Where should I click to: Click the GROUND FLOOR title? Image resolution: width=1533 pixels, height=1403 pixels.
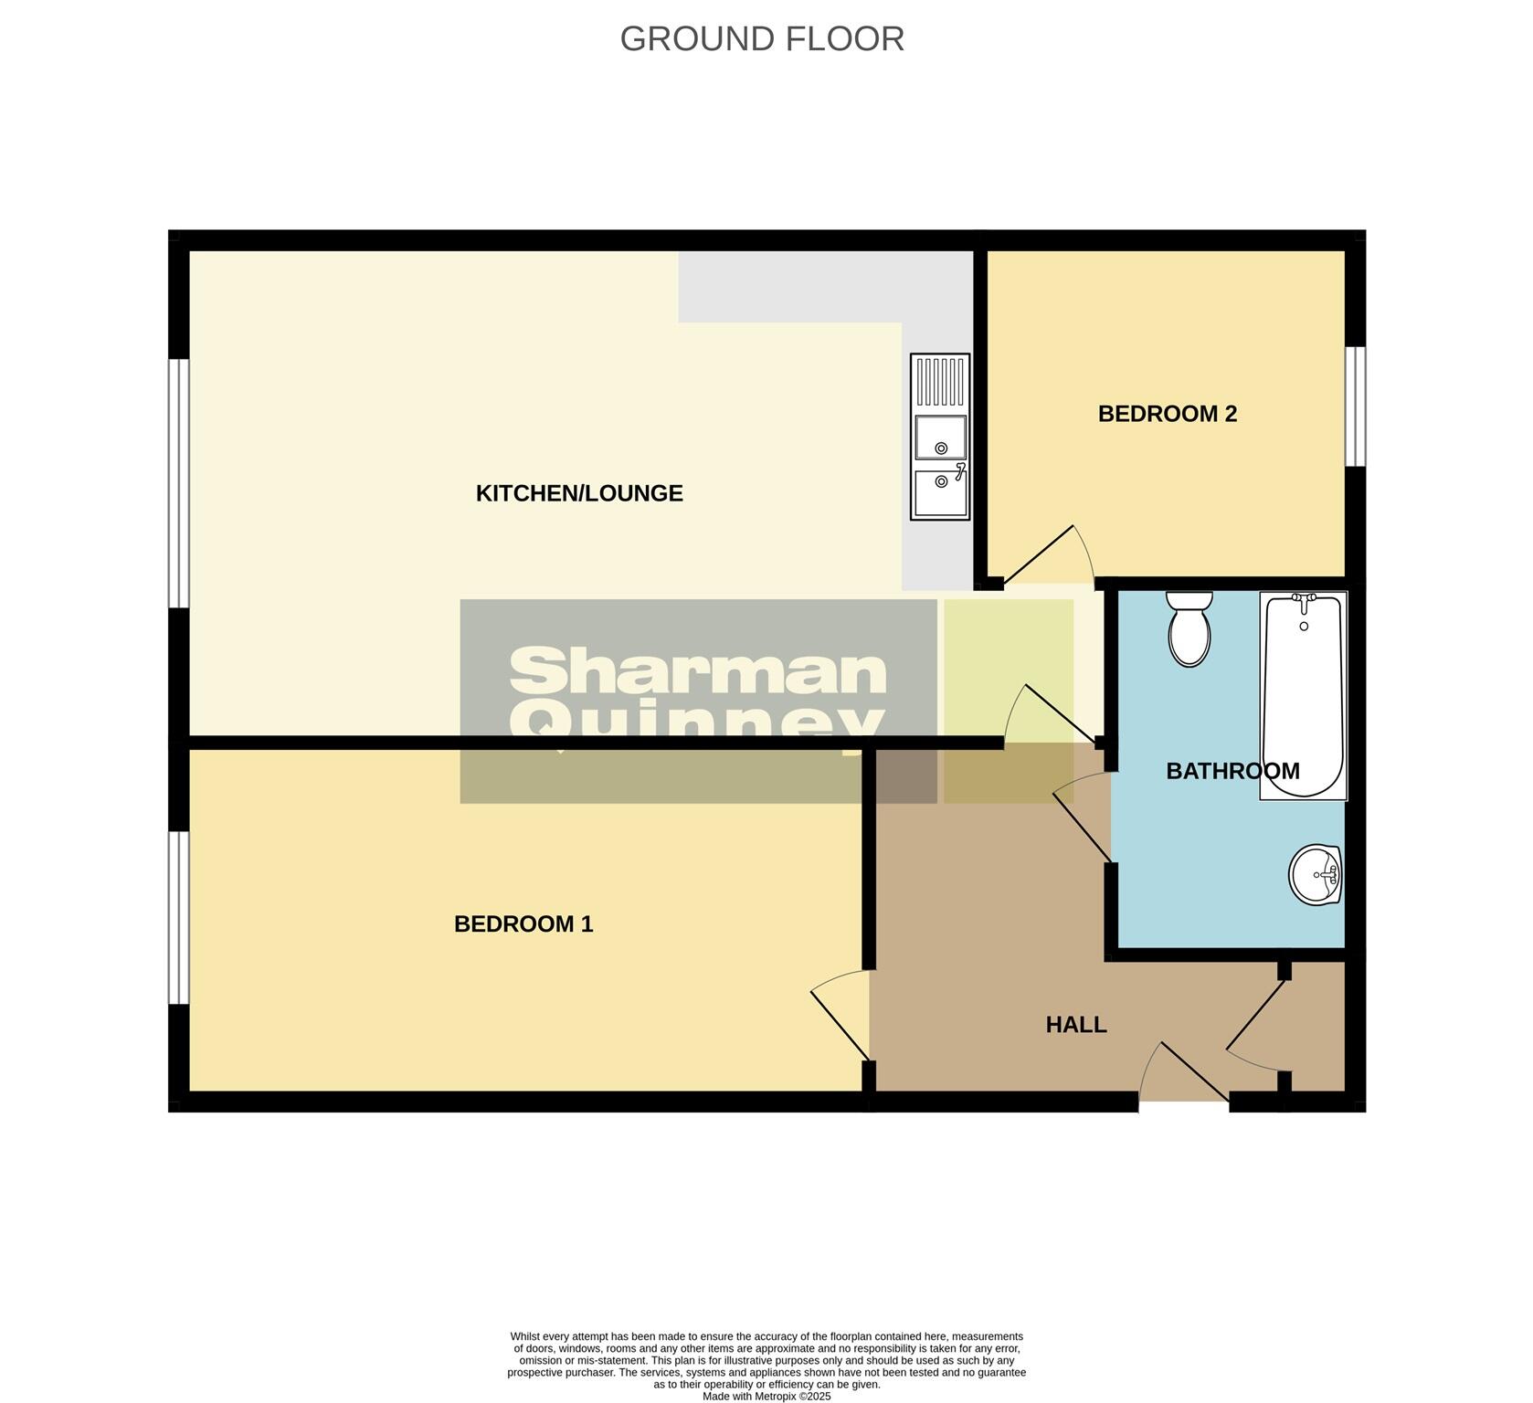pyautogui.click(x=762, y=39)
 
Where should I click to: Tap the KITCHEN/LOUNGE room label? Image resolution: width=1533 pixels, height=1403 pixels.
pyautogui.click(x=579, y=493)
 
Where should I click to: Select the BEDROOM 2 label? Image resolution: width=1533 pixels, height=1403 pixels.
pyautogui.click(x=1167, y=414)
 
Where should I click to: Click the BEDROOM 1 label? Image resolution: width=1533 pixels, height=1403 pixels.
pyautogui.click(x=523, y=923)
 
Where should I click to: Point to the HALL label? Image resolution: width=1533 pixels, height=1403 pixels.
pyautogui.click(x=1075, y=1025)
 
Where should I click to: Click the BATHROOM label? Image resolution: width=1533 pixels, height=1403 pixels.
pyautogui.click(x=1232, y=771)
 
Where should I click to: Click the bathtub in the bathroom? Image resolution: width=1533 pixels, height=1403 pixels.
pyautogui.click(x=1303, y=694)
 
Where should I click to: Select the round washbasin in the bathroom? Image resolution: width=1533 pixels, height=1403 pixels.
pyautogui.click(x=1315, y=874)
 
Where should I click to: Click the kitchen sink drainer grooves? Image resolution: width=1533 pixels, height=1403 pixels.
pyautogui.click(x=940, y=381)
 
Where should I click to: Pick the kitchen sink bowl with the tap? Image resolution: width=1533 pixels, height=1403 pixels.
pyautogui.click(x=940, y=493)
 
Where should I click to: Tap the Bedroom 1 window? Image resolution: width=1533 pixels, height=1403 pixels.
pyautogui.click(x=178, y=917)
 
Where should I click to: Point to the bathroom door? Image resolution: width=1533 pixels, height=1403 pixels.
pyautogui.click(x=1083, y=818)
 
